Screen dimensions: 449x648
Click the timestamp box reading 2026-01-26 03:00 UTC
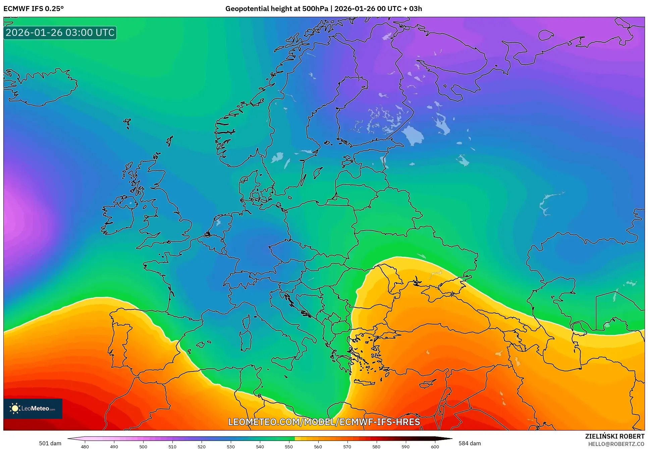coord(60,33)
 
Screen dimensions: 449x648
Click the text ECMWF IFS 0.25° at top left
coord(33,9)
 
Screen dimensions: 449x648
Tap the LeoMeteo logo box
coord(33,408)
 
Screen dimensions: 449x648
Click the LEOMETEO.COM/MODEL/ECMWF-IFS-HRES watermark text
coord(324,421)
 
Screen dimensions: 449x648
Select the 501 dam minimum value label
coord(50,443)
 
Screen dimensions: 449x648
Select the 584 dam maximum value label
coord(470,443)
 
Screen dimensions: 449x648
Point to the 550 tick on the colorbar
coord(289,447)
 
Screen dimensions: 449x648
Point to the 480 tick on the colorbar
coord(85,447)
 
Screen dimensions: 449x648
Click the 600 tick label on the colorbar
coord(435,447)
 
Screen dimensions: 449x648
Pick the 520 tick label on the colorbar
coord(201,447)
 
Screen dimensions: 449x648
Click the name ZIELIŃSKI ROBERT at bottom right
coord(614,436)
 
